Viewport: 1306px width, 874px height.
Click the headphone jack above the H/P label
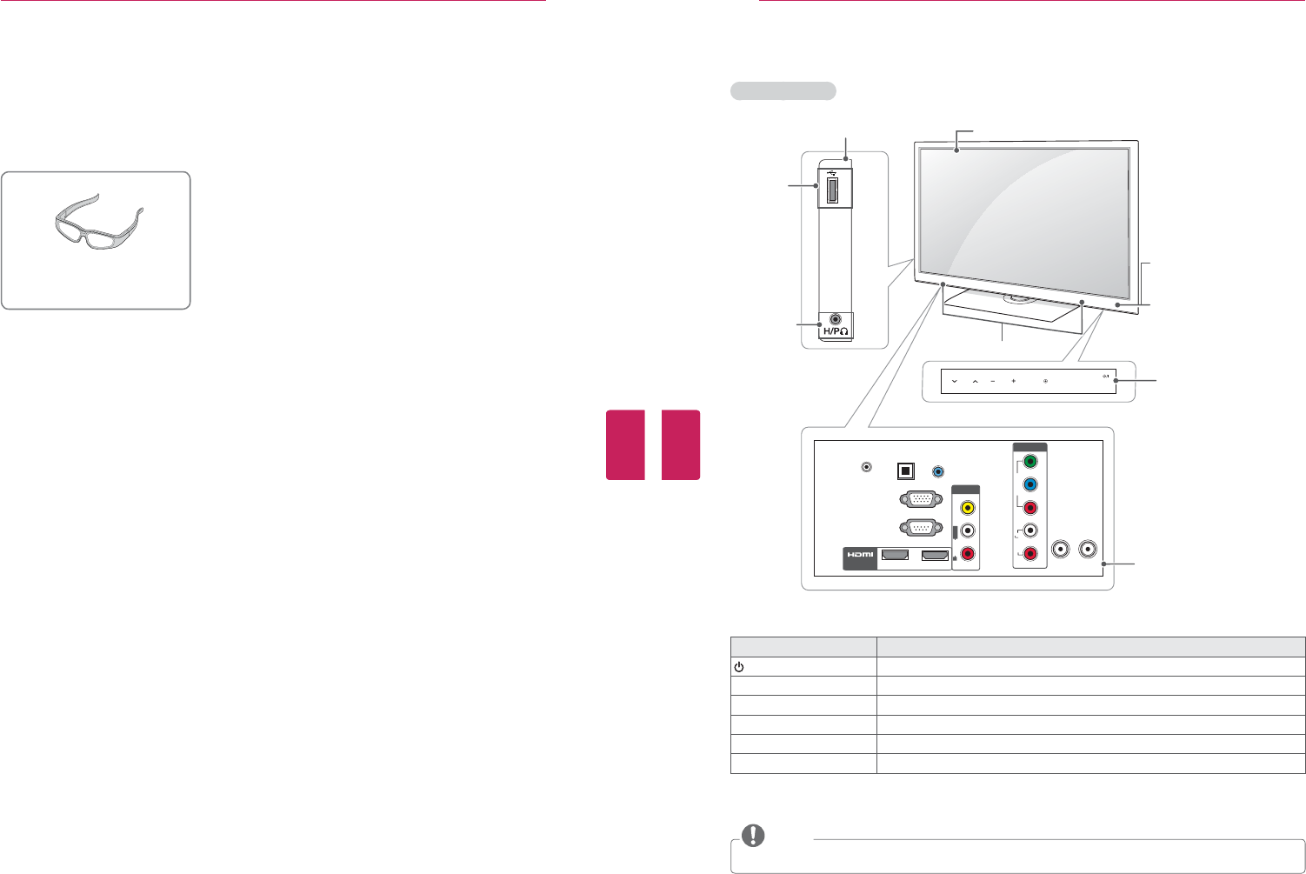836,319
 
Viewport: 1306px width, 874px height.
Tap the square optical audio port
905,470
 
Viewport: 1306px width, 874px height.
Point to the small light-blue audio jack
937,471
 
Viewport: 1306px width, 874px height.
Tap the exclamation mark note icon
753,836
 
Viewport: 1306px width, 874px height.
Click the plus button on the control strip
1013,381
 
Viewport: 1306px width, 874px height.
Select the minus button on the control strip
992,381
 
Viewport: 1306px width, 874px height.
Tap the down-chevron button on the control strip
955,381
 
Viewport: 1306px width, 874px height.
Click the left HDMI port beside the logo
895,555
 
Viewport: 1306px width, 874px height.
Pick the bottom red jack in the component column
1029,554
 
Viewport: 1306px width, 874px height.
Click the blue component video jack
1029,484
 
